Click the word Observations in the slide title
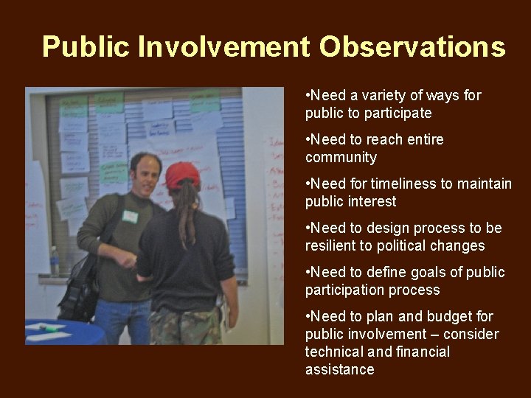tap(412, 46)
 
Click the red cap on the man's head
tap(182, 175)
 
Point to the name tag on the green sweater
tap(130, 217)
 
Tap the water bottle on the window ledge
tap(54, 262)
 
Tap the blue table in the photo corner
tap(63, 332)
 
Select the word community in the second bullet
tap(341, 157)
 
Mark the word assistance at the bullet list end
tap(339, 369)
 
